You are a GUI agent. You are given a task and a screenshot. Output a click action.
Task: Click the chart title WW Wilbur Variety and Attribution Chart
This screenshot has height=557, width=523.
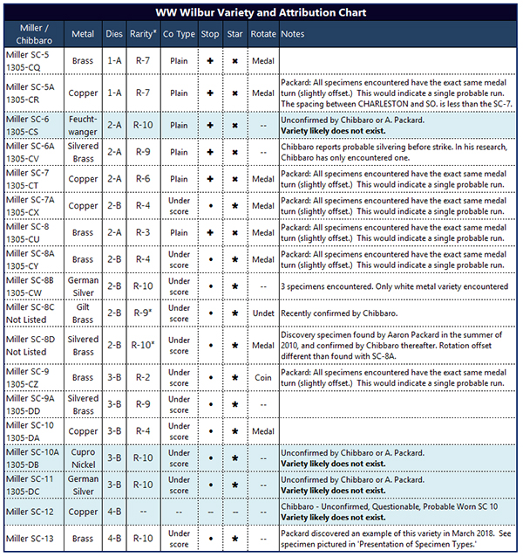tap(261, 12)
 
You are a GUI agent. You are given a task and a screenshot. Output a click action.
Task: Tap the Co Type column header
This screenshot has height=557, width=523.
tap(179, 34)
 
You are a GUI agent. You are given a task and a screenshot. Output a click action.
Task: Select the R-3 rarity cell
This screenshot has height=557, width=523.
tap(144, 232)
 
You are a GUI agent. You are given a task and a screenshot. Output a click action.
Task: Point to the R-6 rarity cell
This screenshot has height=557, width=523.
tap(144, 178)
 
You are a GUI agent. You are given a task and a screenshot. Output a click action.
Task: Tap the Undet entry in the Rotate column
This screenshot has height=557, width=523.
tap(263, 313)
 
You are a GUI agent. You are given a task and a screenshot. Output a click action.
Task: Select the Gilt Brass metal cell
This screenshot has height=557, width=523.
tap(84, 313)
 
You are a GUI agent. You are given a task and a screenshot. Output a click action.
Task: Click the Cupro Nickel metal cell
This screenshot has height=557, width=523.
tap(84, 457)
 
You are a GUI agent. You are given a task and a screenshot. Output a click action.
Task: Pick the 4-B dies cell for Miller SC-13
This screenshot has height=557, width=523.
tap(114, 539)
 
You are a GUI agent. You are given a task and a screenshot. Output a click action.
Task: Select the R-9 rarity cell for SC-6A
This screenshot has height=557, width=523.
tap(144, 151)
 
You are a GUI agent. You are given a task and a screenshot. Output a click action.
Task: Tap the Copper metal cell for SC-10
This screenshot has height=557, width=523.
tap(84, 430)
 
